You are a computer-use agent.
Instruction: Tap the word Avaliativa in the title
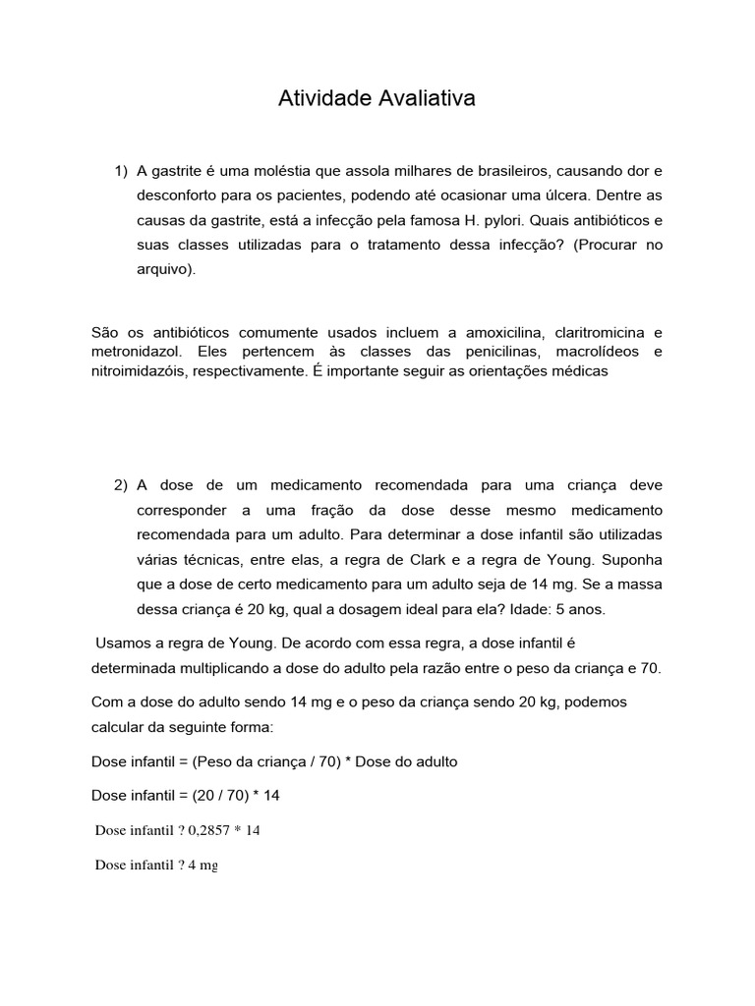click(427, 99)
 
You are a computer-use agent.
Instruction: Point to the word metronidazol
click(135, 352)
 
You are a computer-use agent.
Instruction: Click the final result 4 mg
click(203, 866)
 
